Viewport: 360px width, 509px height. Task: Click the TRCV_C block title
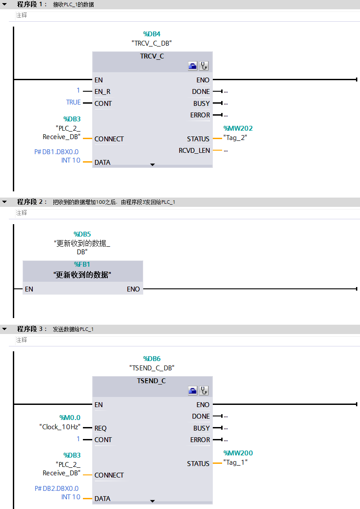(x=152, y=56)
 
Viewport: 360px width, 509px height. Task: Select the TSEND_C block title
(x=152, y=381)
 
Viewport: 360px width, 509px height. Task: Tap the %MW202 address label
(x=238, y=128)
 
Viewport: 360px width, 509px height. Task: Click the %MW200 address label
(x=238, y=453)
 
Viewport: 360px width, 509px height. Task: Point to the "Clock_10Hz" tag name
(x=60, y=427)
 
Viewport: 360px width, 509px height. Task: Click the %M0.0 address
(x=70, y=417)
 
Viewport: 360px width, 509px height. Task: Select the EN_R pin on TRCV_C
(x=102, y=92)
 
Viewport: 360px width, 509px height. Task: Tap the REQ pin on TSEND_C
(x=101, y=428)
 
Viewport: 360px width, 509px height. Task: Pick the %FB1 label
(x=82, y=264)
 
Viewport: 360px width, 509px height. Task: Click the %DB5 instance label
(x=82, y=234)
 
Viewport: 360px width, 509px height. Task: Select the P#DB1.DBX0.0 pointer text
(x=56, y=152)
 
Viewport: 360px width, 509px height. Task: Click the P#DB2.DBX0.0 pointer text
(x=56, y=489)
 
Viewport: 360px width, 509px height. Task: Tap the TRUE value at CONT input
(x=73, y=102)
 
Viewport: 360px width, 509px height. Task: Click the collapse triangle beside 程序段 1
(x=4, y=4)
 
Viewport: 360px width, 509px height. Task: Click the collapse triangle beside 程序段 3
(x=4, y=329)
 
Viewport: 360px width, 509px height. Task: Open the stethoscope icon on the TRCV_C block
(x=203, y=66)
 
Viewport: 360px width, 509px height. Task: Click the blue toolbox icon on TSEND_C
(x=193, y=391)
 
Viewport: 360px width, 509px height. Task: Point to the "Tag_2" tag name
(x=235, y=138)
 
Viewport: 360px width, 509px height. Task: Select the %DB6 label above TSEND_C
(x=152, y=359)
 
